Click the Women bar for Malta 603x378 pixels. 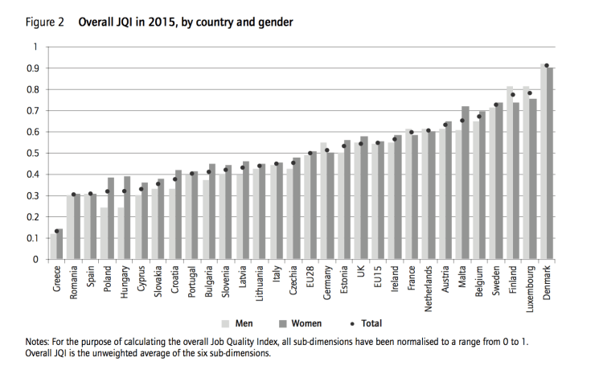[465, 183]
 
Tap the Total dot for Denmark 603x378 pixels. [547, 66]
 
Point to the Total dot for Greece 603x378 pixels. [56, 231]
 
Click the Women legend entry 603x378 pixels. [300, 323]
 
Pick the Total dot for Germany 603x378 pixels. [326, 150]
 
